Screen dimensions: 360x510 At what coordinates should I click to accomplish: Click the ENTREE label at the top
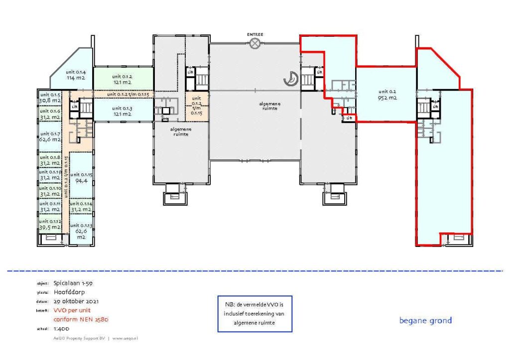pyautogui.click(x=255, y=34)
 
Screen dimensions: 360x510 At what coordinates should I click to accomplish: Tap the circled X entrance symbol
pyautogui.click(x=255, y=44)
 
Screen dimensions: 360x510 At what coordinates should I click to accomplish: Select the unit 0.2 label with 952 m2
pyautogui.click(x=387, y=95)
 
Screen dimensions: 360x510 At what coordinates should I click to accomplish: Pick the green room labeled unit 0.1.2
pyautogui.click(x=123, y=79)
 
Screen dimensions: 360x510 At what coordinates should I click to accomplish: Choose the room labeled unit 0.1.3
pyautogui.click(x=123, y=111)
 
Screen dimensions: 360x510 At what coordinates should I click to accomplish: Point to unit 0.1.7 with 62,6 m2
pyautogui.click(x=50, y=137)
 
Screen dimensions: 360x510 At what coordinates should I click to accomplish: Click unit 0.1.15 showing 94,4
pyautogui.click(x=80, y=178)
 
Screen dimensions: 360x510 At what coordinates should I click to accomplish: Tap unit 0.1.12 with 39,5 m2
pyautogui.click(x=50, y=225)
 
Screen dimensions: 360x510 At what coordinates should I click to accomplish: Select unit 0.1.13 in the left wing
pyautogui.click(x=80, y=231)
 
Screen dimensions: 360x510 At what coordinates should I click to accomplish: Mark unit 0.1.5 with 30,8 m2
pyautogui.click(x=50, y=98)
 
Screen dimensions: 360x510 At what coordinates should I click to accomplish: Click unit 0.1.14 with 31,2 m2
pyautogui.click(x=80, y=207)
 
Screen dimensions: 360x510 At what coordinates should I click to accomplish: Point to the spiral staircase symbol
pyautogui.click(x=290, y=77)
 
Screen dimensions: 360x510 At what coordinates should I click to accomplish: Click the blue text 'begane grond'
pyautogui.click(x=425, y=320)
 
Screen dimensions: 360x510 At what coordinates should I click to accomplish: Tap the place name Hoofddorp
pyautogui.click(x=69, y=292)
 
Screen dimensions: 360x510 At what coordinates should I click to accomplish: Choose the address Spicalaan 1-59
pyautogui.click(x=73, y=283)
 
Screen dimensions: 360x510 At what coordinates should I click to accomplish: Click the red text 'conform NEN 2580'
pyautogui.click(x=80, y=319)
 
